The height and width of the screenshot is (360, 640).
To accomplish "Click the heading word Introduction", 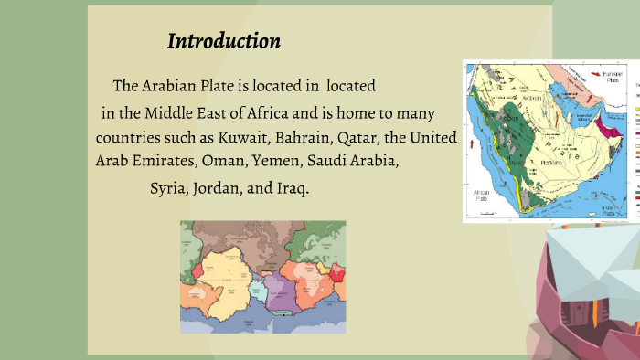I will click(224, 41).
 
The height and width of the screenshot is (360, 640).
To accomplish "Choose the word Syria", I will click(168, 188).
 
